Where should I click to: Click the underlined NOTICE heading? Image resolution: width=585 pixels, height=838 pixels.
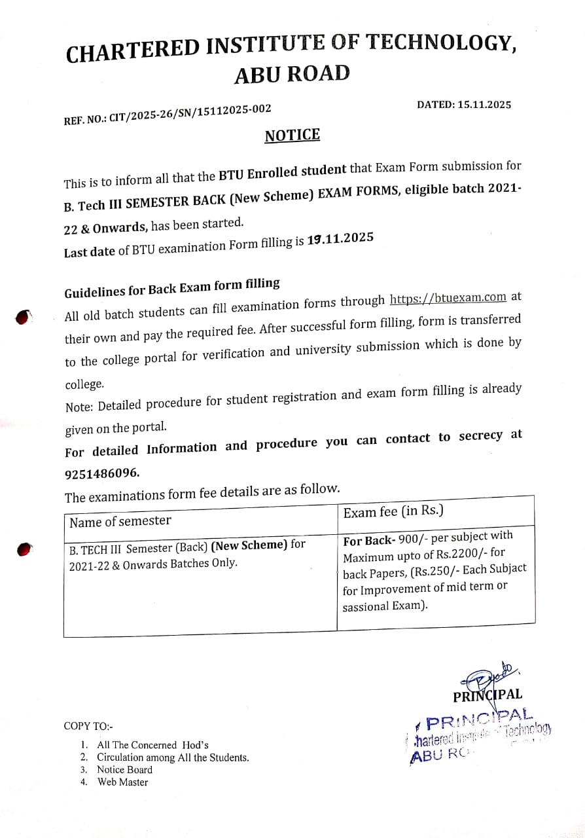pyautogui.click(x=292, y=136)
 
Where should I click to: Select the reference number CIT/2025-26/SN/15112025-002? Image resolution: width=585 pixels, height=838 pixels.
pyautogui.click(x=190, y=115)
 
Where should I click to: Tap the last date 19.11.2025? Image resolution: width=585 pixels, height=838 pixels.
pyautogui.click(x=340, y=239)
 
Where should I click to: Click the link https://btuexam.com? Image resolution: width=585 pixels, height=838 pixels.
pyautogui.click(x=448, y=298)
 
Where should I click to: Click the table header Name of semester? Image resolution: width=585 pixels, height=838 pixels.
pyautogui.click(x=120, y=521)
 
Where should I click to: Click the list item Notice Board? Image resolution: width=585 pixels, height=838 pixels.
pyautogui.click(x=124, y=770)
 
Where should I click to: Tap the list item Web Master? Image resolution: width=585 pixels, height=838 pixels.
pyautogui.click(x=122, y=782)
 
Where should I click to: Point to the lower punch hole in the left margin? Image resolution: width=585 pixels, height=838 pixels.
pyautogui.click(x=24, y=549)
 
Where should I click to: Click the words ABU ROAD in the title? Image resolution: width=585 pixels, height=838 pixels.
pyautogui.click(x=292, y=74)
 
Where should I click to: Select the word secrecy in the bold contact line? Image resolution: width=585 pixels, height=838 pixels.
pyautogui.click(x=480, y=436)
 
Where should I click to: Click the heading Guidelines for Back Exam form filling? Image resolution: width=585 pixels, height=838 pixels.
pyautogui.click(x=172, y=286)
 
